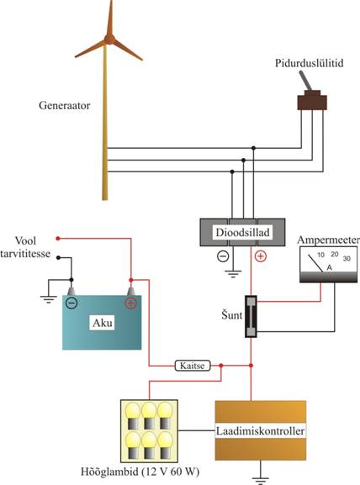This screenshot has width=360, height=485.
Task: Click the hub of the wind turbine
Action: pyautogui.click(x=109, y=40)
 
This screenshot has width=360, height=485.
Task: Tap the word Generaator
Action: pyautogui.click(x=65, y=105)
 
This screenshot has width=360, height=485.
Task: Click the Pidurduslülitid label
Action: pyautogui.click(x=310, y=63)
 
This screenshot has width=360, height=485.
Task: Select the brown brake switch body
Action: pyautogui.click(x=312, y=101)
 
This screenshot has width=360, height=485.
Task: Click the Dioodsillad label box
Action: pyautogui.click(x=242, y=232)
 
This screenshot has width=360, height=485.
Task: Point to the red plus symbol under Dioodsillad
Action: pyautogui.click(x=260, y=256)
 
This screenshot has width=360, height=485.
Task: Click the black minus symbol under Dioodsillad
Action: pyautogui.click(x=223, y=256)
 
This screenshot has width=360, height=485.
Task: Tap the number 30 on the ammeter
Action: pyautogui.click(x=347, y=258)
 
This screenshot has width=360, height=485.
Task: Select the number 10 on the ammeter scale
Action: pyautogui.click(x=320, y=255)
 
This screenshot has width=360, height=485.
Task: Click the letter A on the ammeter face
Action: pyautogui.click(x=330, y=267)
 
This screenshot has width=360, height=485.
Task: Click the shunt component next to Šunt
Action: pyautogui.click(x=251, y=316)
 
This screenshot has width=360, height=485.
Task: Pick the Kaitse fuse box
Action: pyautogui.click(x=193, y=366)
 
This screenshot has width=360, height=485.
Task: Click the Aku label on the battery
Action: pyautogui.click(x=103, y=323)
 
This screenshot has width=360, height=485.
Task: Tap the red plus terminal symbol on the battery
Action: pyautogui.click(x=130, y=303)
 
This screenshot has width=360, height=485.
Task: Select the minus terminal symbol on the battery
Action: pyautogui.click(x=71, y=303)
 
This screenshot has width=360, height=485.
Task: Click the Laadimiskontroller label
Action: pyautogui.click(x=260, y=431)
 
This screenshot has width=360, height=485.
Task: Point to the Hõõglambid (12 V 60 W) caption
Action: pyautogui.click(x=140, y=472)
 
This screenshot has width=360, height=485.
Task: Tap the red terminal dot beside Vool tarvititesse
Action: pyautogui.click(x=57, y=239)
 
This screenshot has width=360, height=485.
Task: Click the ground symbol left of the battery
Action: pyautogui.click(x=49, y=299)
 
